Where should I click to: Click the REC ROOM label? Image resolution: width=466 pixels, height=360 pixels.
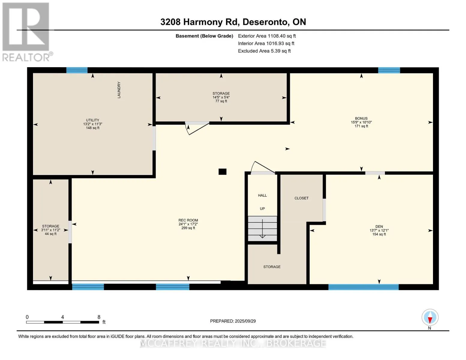pos(188,220)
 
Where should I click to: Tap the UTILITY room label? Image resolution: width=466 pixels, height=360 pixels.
pos(93,120)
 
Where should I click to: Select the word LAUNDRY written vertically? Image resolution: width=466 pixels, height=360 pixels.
pos(119,90)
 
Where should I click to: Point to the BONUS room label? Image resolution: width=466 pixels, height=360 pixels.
pos(361,118)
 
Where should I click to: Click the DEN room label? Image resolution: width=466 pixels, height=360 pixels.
pos(379,226)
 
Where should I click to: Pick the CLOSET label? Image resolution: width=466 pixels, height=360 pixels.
pos(301,198)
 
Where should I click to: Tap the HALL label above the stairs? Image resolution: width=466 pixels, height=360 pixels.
pos(262,195)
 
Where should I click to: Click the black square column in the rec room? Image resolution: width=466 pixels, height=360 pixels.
pos(222,172)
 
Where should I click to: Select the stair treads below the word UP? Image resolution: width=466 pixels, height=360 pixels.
pos(262,229)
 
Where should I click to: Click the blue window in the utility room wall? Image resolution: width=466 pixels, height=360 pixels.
pos(77,70)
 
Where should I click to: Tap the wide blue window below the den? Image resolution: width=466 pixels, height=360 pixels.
pos(363,287)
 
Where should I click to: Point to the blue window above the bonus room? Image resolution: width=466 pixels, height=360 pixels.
pos(389,70)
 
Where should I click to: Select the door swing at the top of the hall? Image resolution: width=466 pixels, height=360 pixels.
pos(264,167)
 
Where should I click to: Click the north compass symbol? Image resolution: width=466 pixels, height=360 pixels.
pos(430,317)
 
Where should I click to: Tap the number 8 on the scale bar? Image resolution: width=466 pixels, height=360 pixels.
pos(99,317)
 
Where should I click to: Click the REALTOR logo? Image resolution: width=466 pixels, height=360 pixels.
pos(27,32)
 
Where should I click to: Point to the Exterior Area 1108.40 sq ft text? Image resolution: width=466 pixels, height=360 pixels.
pos(267,36)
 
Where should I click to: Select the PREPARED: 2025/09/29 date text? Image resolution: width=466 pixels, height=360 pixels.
pos(233,321)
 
